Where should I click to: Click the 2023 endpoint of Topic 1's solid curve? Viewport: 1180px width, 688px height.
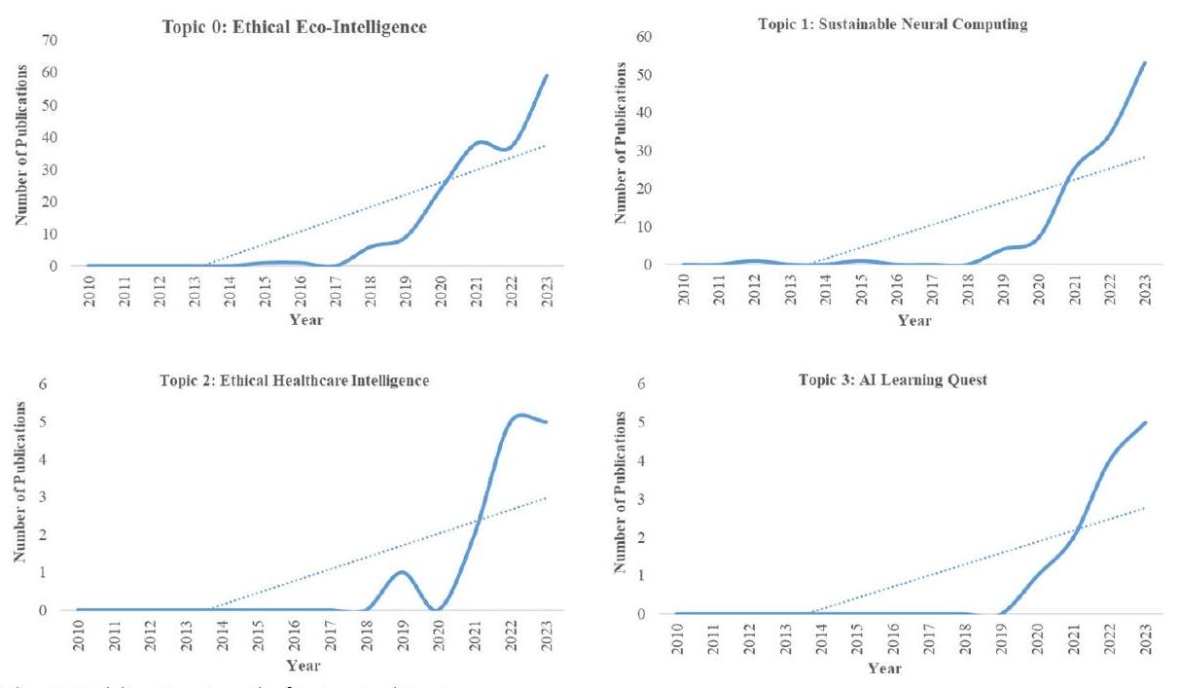(x=1145, y=61)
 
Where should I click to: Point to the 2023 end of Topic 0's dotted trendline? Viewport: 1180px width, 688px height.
(x=548, y=145)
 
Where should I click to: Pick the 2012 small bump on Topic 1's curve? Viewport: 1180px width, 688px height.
(x=755, y=261)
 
